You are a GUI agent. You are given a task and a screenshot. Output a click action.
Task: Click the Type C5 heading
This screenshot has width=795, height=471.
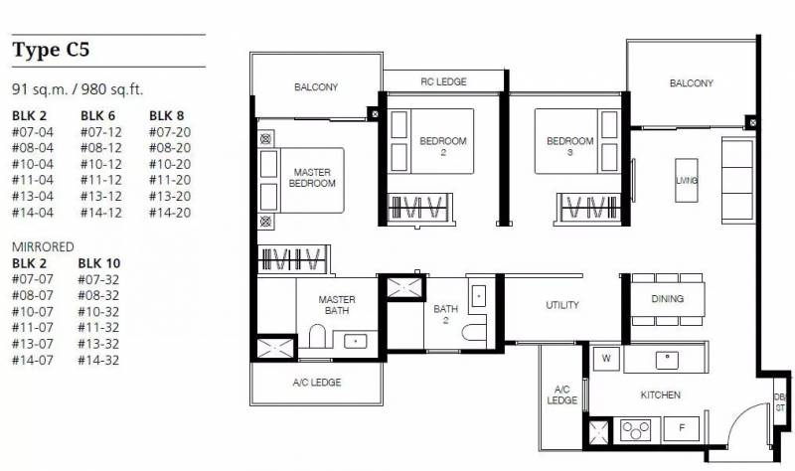point(51,50)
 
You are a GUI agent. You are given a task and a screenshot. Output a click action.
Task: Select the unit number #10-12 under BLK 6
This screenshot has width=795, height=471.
point(101,164)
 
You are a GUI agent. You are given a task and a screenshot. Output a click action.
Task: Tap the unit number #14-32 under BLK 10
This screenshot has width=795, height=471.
point(98,361)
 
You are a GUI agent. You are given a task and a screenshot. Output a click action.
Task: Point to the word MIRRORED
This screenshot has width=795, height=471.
point(43,246)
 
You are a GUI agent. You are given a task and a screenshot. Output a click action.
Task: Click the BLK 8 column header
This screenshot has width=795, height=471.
point(166,116)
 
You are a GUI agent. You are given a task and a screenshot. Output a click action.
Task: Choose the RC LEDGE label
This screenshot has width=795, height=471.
point(443,81)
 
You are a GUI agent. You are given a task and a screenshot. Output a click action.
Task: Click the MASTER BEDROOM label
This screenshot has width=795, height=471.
point(312,178)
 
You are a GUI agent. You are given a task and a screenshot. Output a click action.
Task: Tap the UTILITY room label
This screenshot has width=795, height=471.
point(562,305)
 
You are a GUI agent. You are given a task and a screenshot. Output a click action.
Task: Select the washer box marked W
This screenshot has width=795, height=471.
point(606,359)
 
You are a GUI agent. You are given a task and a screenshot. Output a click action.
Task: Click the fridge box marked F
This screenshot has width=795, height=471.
point(682,428)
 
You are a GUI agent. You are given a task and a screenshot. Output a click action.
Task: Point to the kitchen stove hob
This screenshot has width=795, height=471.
point(636,430)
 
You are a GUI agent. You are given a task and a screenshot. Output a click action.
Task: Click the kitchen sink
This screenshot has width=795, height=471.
point(668,360)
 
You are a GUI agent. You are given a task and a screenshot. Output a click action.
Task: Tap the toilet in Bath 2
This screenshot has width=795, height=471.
point(474,332)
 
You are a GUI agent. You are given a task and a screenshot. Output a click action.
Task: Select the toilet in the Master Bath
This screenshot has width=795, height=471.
point(317,336)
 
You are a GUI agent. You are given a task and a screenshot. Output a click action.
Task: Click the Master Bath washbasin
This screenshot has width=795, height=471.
point(356,341)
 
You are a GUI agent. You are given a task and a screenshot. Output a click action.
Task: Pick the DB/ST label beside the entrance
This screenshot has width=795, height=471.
point(779,402)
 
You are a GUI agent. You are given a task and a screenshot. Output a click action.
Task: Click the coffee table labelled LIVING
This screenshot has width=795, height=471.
point(687,181)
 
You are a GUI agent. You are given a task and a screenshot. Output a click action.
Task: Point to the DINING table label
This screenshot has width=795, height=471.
point(667,299)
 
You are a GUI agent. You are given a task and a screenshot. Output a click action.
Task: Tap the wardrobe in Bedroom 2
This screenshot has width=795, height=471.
point(418,208)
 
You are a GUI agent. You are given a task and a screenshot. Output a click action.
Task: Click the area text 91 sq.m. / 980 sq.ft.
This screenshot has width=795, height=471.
point(78,89)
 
